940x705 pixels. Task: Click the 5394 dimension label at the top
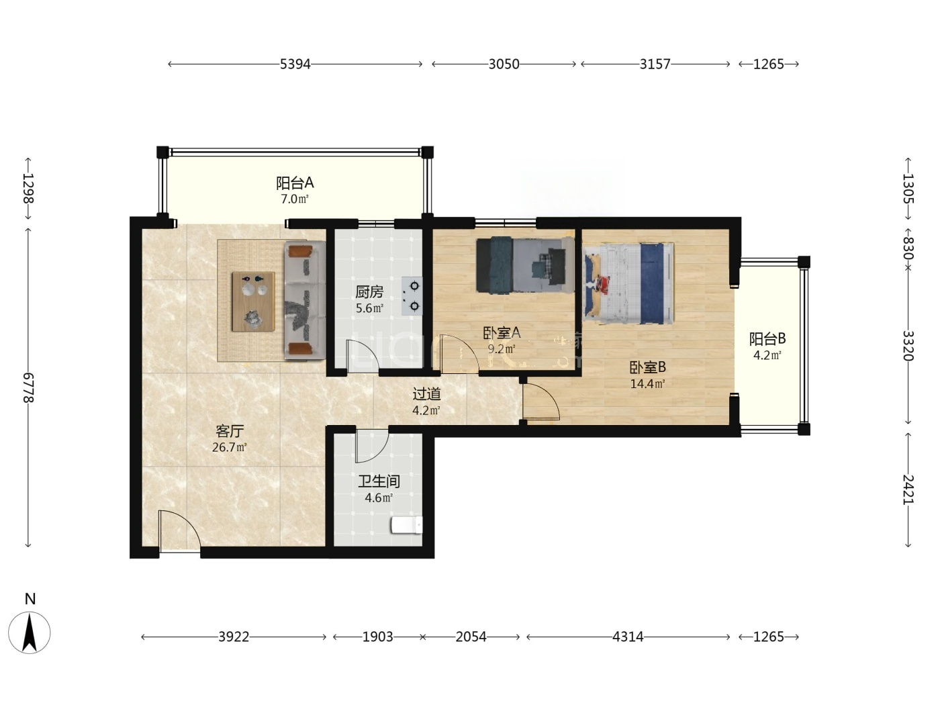click(x=295, y=64)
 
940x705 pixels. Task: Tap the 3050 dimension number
click(x=504, y=64)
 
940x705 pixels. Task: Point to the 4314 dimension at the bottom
click(x=628, y=637)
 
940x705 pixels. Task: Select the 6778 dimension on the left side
click(x=28, y=388)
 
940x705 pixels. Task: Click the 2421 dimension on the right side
click(x=908, y=489)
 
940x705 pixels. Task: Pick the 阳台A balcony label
click(x=295, y=183)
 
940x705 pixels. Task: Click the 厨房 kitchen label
click(x=369, y=292)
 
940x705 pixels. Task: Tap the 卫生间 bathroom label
click(x=379, y=481)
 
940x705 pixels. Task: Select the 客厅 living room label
click(x=230, y=430)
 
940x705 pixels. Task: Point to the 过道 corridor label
click(x=426, y=394)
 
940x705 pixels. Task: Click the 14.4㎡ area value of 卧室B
click(x=647, y=384)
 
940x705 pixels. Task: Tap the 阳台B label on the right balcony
click(x=767, y=339)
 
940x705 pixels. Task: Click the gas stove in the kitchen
click(x=412, y=296)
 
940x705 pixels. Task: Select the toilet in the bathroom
click(x=406, y=525)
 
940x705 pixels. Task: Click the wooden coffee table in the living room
click(x=253, y=301)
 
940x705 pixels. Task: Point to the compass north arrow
click(x=29, y=632)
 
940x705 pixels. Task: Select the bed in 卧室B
click(x=628, y=283)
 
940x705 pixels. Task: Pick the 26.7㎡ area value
click(x=230, y=448)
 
